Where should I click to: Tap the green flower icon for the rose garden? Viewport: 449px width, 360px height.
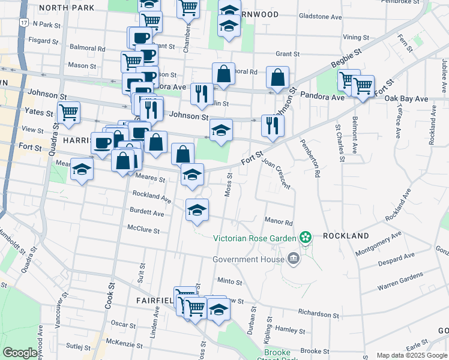(x=306, y=237)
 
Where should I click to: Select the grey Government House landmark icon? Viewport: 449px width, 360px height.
(x=294, y=259)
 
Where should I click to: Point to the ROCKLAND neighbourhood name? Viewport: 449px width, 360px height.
(x=346, y=236)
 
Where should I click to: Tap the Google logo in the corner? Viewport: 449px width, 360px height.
(x=20, y=353)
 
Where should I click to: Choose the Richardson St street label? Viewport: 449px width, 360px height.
(x=323, y=314)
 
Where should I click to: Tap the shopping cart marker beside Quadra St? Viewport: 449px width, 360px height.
(x=69, y=112)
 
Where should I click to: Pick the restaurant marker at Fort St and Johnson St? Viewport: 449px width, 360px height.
(x=273, y=125)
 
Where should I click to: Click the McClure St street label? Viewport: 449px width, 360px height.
(x=143, y=230)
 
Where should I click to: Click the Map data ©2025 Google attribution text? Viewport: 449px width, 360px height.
(x=412, y=355)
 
